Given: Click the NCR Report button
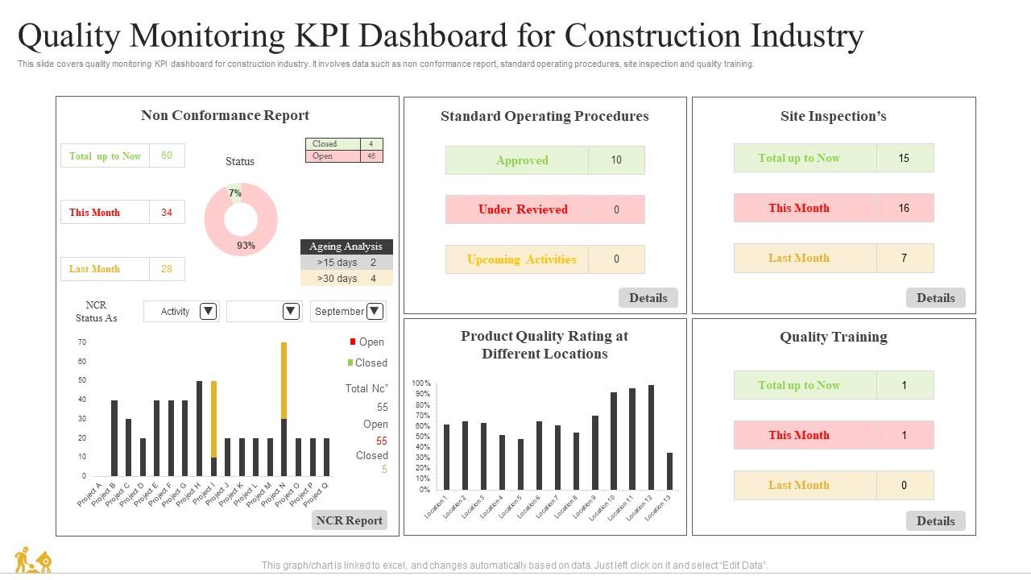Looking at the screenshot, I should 349,520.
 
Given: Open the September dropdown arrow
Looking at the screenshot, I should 375,311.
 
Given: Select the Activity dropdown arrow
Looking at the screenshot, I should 208,311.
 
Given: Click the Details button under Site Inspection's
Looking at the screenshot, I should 935,298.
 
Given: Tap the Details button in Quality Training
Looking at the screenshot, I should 935,521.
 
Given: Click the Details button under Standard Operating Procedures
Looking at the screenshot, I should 648,298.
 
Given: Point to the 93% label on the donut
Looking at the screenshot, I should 246,246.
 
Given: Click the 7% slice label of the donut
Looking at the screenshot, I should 234,193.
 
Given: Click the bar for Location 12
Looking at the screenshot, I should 651,437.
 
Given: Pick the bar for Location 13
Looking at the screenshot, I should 669,470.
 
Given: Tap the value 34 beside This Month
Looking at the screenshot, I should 167,213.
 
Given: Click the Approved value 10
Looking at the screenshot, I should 616,160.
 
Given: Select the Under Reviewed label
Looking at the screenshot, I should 522,209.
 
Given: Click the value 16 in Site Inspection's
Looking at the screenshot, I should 904,208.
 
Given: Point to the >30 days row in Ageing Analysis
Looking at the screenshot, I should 346,279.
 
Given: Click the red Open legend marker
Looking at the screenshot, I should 353,342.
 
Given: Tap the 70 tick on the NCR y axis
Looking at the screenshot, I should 82,342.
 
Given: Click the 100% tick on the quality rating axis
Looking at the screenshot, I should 421,383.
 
